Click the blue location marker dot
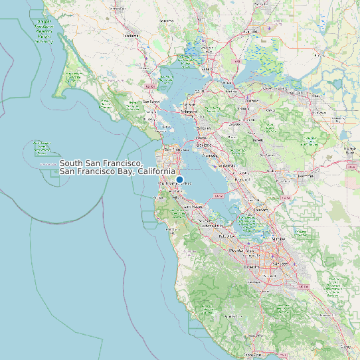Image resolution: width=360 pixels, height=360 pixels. [179, 179]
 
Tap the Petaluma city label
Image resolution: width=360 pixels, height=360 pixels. [130, 36]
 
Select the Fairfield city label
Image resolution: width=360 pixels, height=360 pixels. [250, 31]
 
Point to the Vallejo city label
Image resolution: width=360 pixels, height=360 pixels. [206, 68]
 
